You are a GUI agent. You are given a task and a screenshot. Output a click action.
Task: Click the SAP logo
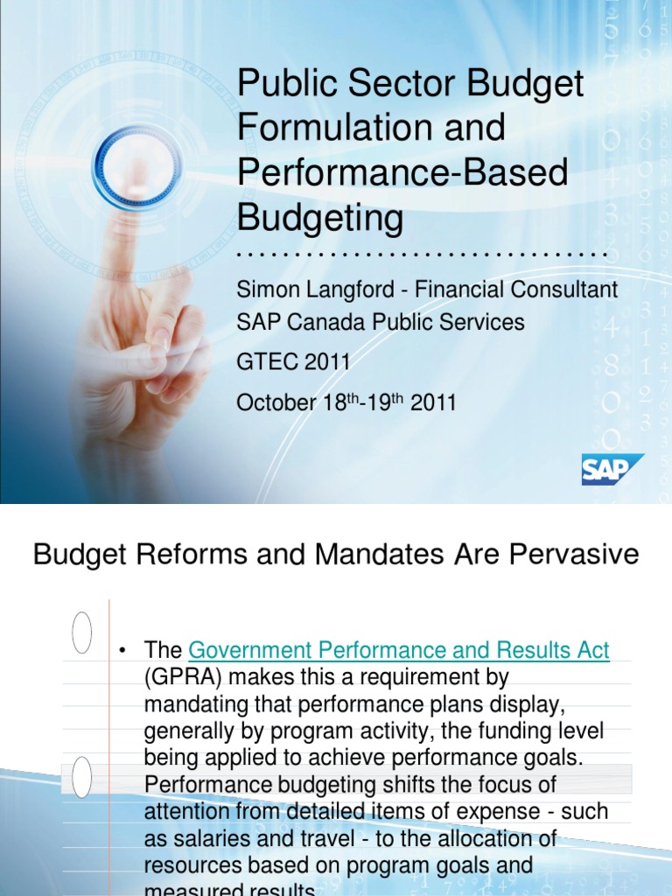(x=612, y=469)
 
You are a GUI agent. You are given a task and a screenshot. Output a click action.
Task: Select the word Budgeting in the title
(x=320, y=217)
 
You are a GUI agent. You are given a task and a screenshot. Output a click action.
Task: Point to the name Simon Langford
(x=305, y=290)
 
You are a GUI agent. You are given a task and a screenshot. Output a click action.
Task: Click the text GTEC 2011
(x=293, y=361)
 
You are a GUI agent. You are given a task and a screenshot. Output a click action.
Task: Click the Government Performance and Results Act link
(x=399, y=650)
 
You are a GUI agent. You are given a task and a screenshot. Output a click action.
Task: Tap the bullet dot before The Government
(x=124, y=651)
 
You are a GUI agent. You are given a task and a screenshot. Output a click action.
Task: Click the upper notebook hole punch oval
(x=81, y=632)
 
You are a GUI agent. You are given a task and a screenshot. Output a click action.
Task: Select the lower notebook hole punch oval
(x=81, y=777)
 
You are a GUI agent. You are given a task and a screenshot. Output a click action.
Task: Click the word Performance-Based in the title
(x=402, y=172)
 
